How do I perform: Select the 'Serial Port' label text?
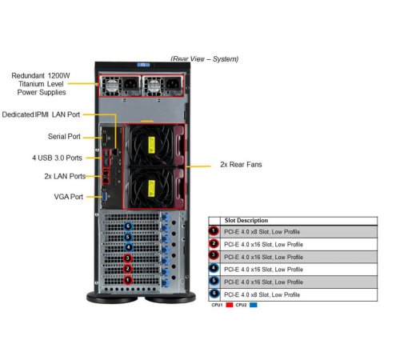click(63, 136)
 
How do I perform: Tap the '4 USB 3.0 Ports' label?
click(57, 157)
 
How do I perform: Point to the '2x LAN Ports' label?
click(64, 175)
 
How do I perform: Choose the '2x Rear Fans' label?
click(241, 164)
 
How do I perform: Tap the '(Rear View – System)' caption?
click(204, 59)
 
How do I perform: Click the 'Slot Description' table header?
click(246, 221)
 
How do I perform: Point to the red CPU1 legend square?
click(230, 305)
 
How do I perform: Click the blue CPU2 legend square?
click(254, 305)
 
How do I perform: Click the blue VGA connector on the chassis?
click(106, 195)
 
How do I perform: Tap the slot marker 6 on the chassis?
click(128, 226)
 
